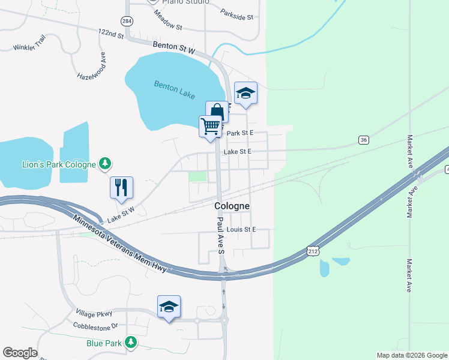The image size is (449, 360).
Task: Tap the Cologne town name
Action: coord(232,206)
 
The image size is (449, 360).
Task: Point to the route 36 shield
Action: coord(363,140)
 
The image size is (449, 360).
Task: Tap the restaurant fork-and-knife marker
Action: coord(121,187)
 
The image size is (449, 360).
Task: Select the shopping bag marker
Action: coord(217,112)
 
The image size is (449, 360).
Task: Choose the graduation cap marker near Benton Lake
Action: coord(246,93)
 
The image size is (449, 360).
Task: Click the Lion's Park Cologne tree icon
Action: coord(105,163)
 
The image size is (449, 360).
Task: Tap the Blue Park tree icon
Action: coord(129,343)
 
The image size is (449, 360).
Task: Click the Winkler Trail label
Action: coord(29,43)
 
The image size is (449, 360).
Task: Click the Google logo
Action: coord(20,353)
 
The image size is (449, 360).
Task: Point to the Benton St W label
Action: coord(175,48)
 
